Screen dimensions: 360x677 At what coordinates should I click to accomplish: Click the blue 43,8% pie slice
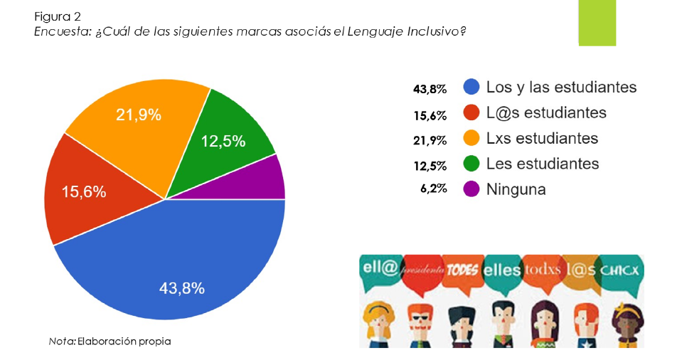click(x=178, y=270)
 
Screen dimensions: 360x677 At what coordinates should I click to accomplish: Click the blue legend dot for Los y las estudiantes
click(x=471, y=88)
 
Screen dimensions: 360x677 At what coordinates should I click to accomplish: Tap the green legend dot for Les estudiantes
click(x=471, y=164)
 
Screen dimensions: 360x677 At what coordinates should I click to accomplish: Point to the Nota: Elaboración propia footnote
click(x=110, y=342)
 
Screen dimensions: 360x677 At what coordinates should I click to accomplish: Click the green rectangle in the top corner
click(x=597, y=23)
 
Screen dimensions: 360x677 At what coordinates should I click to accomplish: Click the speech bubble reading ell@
click(x=378, y=270)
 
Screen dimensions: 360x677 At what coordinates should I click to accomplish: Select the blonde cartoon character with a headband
click(x=377, y=320)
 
